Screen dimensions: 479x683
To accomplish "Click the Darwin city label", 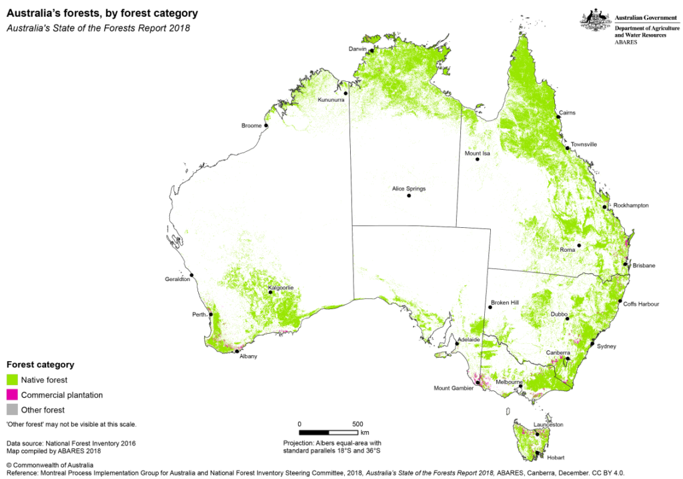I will point(358,49).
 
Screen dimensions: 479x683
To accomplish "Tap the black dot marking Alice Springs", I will point(409,196).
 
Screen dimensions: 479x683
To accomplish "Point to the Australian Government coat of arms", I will point(595,21).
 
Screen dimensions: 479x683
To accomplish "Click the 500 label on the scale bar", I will point(358,424).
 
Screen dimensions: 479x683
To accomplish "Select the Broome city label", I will point(251,126).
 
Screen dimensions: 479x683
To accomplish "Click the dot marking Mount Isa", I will point(478,160).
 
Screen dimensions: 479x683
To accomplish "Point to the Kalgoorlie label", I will point(281,288).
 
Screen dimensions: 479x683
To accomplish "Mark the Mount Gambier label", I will point(453,388).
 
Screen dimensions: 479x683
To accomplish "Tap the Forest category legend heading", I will point(40,364).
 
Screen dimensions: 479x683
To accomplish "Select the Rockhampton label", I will point(630,205).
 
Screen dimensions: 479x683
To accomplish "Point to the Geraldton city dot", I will point(191,274).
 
